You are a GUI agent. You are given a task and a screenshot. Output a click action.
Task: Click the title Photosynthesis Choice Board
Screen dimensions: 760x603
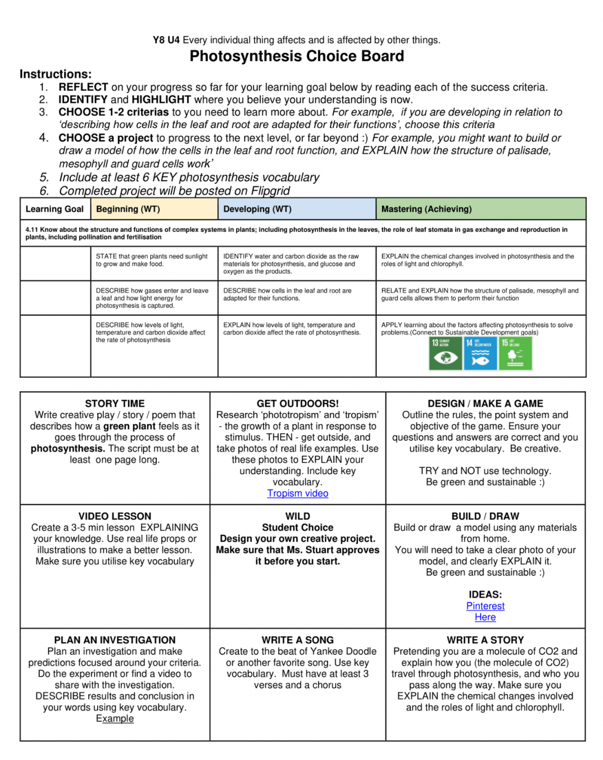(296, 56)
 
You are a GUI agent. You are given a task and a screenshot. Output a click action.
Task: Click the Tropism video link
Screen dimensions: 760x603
(298, 493)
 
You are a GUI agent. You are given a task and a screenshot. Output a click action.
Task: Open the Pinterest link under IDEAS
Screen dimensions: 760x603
(485, 606)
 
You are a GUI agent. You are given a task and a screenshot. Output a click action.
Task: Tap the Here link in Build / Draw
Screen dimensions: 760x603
(485, 617)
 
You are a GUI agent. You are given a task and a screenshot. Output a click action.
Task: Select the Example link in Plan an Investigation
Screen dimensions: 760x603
(114, 719)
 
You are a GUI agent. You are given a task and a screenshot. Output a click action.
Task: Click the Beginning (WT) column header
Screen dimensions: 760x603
(128, 209)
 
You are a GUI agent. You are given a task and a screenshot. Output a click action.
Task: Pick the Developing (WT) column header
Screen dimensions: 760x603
(257, 209)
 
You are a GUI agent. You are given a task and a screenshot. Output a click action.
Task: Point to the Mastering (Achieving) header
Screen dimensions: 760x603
(426, 209)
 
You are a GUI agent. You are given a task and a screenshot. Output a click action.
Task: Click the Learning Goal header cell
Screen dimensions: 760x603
(54, 209)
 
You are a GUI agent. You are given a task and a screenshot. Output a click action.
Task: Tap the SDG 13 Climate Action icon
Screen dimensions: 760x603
(445, 353)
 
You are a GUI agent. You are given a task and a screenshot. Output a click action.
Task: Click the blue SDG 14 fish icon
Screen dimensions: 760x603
(480, 353)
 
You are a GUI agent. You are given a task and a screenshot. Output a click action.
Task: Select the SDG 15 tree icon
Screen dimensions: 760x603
(515, 353)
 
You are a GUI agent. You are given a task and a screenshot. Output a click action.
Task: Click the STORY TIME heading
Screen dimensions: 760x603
(114, 403)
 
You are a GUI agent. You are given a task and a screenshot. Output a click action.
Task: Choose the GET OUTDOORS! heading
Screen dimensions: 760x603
(298, 403)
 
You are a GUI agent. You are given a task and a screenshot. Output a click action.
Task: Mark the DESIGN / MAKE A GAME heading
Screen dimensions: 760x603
(485, 403)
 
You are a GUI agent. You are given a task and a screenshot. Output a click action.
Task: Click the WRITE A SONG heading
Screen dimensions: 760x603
(298, 640)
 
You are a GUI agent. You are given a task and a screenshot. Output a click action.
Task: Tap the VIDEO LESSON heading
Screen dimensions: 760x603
(114, 516)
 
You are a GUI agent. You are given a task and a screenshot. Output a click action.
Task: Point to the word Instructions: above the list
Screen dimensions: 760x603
(55, 74)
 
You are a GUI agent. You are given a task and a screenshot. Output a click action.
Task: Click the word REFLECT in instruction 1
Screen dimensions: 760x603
(83, 87)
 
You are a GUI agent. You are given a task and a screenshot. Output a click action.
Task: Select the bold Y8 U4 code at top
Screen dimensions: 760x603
(166, 40)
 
